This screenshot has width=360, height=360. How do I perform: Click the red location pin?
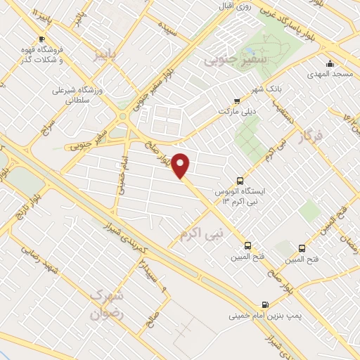[181, 165]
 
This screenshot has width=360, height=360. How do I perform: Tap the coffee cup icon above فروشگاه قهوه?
[41, 39]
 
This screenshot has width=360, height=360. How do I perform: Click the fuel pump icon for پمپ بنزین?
[264, 304]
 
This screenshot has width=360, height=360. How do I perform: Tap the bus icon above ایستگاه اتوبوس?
[240, 180]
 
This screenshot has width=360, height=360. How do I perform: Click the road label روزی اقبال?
[233, 8]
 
